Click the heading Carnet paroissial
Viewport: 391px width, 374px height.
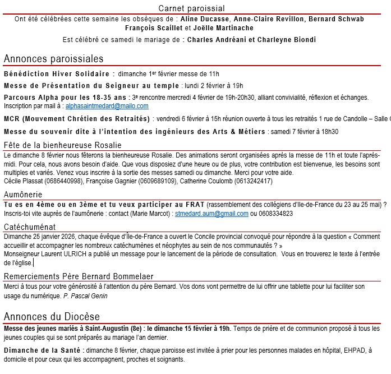coord(191,8)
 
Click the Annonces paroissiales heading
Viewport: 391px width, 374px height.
coord(53,59)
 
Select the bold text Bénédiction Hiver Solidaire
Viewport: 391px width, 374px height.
coord(57,73)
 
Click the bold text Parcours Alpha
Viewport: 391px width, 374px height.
coord(30,97)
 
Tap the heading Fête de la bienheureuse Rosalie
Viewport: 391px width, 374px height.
coord(54,145)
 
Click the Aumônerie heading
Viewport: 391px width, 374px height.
coord(23,194)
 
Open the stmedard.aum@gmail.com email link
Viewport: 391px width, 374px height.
coord(211,214)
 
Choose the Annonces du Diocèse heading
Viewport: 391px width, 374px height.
coord(52,316)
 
